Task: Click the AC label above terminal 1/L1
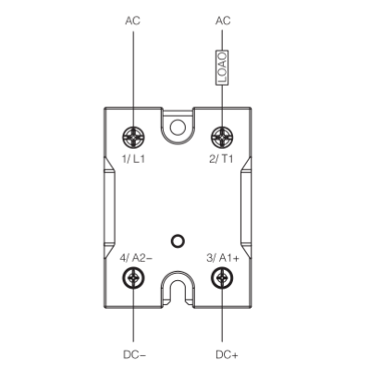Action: pyautogui.click(x=132, y=21)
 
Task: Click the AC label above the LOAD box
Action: pyautogui.click(x=223, y=21)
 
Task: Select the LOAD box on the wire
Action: pyautogui.click(x=222, y=68)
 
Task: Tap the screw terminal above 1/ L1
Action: pyautogui.click(x=133, y=137)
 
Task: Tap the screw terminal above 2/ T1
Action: pyautogui.click(x=222, y=137)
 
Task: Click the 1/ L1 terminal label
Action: pyautogui.click(x=133, y=159)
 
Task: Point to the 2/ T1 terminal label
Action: pyautogui.click(x=221, y=159)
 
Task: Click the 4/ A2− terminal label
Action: pyautogui.click(x=136, y=258)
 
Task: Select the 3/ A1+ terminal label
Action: pyautogui.click(x=223, y=258)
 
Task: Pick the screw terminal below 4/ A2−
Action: pyautogui.click(x=133, y=277)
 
